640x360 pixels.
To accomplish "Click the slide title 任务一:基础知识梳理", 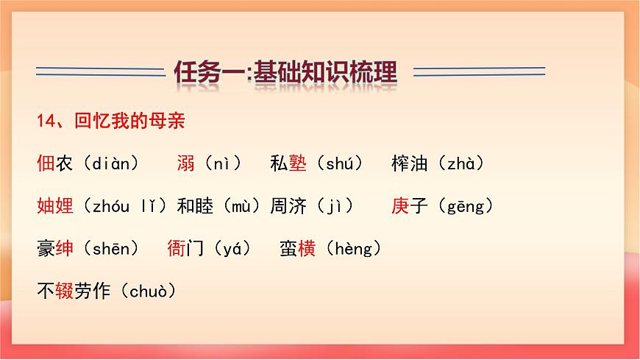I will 285,72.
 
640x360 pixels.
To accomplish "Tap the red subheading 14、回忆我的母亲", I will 115,121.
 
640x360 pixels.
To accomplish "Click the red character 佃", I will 46,164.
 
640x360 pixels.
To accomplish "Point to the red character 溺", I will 185,164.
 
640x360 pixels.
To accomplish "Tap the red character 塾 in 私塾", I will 298,164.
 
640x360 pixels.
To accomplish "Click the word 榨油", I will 410,164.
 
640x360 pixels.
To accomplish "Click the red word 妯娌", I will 55,207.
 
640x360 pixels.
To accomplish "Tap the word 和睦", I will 195,207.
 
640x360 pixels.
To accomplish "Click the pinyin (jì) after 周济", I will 335,207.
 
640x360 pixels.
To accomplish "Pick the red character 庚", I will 400,207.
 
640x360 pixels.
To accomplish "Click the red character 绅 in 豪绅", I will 65,250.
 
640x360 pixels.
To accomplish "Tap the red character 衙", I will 177,250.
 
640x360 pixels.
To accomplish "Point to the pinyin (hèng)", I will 353,250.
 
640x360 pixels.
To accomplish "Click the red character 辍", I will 65,292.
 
